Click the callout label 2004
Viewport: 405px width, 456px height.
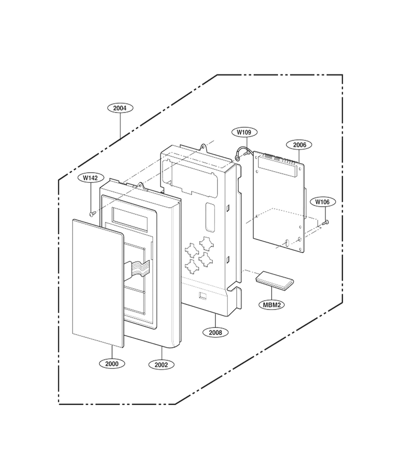coord(120,108)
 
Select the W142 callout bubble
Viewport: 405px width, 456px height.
coord(90,178)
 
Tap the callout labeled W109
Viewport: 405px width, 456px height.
coord(245,132)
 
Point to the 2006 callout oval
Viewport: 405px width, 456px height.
coord(299,145)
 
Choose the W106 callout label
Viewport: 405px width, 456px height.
coord(322,202)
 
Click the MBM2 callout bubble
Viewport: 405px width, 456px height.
coord(272,305)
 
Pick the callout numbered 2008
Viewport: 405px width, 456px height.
coord(215,332)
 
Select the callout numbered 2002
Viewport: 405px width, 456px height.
coord(161,365)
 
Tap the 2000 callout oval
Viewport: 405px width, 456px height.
coord(112,364)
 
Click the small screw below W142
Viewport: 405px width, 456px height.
coord(92,214)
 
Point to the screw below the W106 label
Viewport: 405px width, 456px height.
coord(326,222)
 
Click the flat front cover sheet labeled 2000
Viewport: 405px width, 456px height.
coord(98,283)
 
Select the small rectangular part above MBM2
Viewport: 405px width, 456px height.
coord(274,281)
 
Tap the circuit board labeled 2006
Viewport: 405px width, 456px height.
coord(279,201)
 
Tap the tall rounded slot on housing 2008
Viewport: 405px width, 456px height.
coord(210,215)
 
